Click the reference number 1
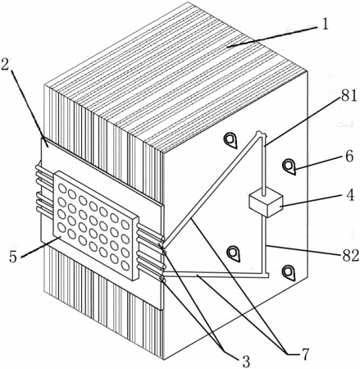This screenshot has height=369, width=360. click(324, 24)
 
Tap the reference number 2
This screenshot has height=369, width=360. click(6, 63)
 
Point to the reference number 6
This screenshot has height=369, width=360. click(349, 157)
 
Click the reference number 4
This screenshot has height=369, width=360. click(349, 195)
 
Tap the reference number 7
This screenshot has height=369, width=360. click(304, 354)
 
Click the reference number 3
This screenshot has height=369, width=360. click(245, 362)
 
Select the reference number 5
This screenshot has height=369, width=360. click(12, 257)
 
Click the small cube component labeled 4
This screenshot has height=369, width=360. click(266, 205)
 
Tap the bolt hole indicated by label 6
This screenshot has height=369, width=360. click(289, 166)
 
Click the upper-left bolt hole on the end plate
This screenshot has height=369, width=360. click(230, 140)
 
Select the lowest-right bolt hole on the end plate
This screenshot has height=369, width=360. click(289, 273)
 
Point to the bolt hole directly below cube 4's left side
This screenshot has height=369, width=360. click(234, 253)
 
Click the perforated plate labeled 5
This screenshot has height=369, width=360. click(96, 225)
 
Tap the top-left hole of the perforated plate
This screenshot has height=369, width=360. click(62, 189)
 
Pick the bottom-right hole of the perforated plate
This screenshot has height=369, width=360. click(125, 266)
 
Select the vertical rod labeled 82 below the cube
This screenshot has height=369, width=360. click(264, 245)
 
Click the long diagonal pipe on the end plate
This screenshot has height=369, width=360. click(211, 189)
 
